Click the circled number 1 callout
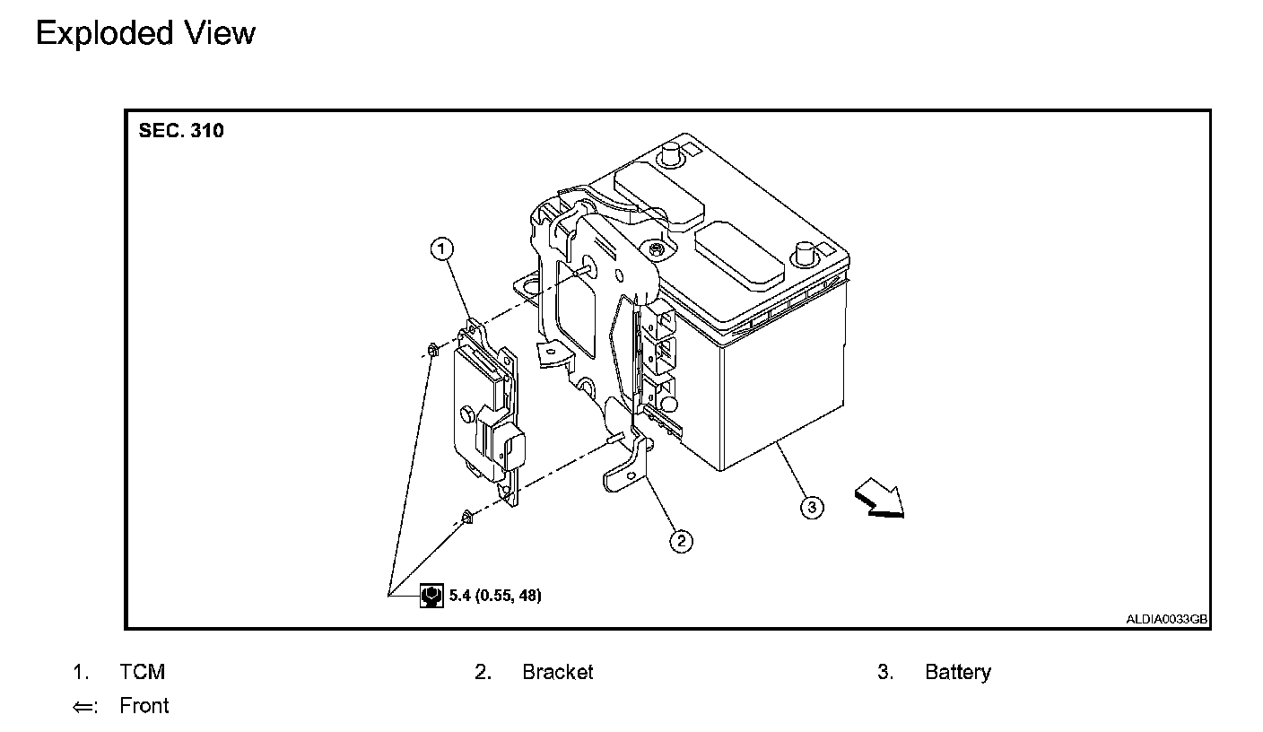pyautogui.click(x=442, y=248)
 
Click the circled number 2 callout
pyautogui.click(x=682, y=540)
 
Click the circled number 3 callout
pyautogui.click(x=811, y=508)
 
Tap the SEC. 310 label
pyautogui.click(x=181, y=131)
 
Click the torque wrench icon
pyautogui.click(x=431, y=595)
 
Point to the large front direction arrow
pyautogui.click(x=879, y=499)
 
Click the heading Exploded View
pyautogui.click(x=145, y=33)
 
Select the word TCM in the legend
pyautogui.click(x=142, y=672)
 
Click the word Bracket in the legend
pyautogui.click(x=557, y=672)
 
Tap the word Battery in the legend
pyautogui.click(x=957, y=672)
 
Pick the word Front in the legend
pyautogui.click(x=144, y=706)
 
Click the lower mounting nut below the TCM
pyautogui.click(x=466, y=516)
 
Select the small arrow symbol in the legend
pyautogui.click(x=83, y=707)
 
